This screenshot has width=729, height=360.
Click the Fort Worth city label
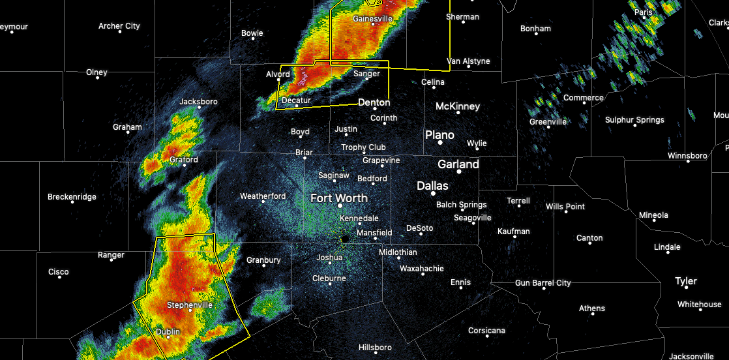click(x=338, y=198)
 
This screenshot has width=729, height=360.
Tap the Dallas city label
click(x=432, y=186)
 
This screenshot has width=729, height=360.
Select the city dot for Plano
click(x=440, y=142)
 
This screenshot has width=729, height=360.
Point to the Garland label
click(x=458, y=164)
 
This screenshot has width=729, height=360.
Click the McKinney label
click(x=458, y=106)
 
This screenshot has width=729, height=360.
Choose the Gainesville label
click(x=372, y=19)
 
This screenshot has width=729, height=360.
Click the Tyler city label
click(x=686, y=281)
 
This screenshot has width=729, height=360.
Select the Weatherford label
click(x=263, y=196)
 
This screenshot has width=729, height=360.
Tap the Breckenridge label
click(x=72, y=197)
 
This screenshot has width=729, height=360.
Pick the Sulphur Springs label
click(x=634, y=119)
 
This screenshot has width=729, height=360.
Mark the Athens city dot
click(x=592, y=314)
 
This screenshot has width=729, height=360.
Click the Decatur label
click(x=296, y=100)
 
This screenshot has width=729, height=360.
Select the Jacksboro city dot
click(x=199, y=108)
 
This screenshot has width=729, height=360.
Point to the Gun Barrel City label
click(x=543, y=282)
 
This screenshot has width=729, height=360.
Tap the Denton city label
click(x=374, y=102)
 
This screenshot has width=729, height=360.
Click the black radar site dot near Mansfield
click(x=344, y=239)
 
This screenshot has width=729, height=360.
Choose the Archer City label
click(x=119, y=26)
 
